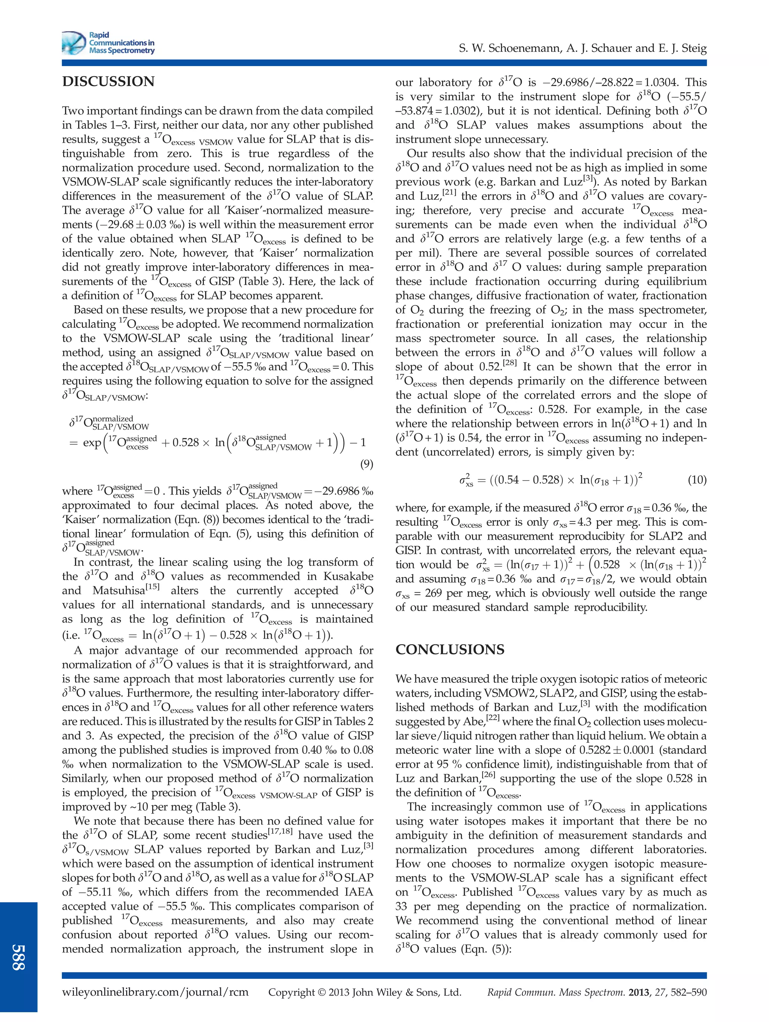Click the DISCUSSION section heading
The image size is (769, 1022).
pyautogui.click(x=108, y=82)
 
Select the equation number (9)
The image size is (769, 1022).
pyautogui.click(x=366, y=464)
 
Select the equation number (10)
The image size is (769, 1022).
pyautogui.click(x=697, y=480)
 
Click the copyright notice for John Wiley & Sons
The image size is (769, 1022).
pyautogui.click(x=365, y=992)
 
